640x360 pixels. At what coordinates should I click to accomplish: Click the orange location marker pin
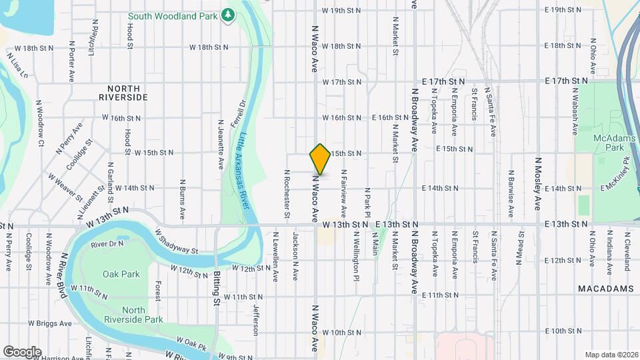320,159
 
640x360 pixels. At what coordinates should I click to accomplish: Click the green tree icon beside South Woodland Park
229,14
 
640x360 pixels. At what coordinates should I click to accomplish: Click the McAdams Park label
607,141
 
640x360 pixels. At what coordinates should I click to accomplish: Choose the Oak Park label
121,274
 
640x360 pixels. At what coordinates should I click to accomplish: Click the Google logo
22,351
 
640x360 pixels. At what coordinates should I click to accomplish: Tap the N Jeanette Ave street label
221,143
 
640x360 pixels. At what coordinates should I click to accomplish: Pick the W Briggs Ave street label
49,323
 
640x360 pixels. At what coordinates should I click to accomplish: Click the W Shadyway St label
177,241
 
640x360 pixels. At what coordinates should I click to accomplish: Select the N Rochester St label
287,194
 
